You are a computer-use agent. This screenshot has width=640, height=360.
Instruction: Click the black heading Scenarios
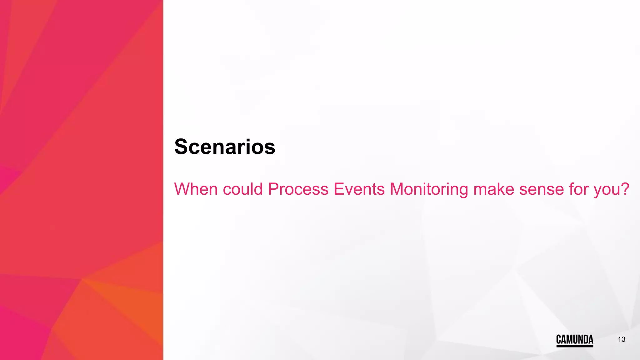(225, 147)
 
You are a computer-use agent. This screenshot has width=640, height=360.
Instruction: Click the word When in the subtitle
(196, 189)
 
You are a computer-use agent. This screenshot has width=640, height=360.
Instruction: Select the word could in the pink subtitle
(242, 189)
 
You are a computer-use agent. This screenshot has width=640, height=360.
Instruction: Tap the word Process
(298, 189)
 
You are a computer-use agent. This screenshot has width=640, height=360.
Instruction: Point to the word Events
(359, 189)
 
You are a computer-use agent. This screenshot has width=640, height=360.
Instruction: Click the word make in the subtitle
(493, 189)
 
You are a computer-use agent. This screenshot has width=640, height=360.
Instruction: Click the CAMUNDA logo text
(574, 339)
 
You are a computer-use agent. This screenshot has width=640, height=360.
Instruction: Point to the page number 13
(621, 339)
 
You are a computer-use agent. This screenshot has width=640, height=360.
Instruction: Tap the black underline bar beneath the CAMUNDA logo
(574, 346)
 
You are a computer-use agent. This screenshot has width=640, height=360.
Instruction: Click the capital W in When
(182, 189)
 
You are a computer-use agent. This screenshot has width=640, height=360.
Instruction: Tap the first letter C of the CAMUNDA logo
(559, 339)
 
